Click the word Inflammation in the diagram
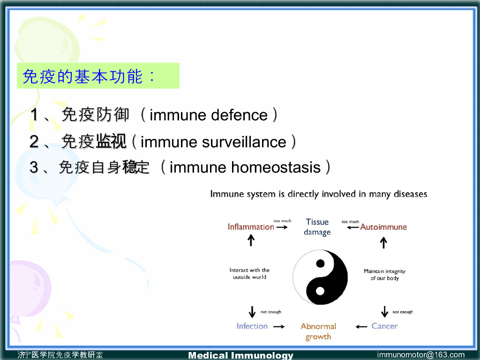coord(251,227)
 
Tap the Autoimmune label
coord(383,227)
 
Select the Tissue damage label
coord(317,227)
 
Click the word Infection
coord(252,326)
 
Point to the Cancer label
coord(384,326)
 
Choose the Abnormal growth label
coord(318,331)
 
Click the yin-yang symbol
coord(320,277)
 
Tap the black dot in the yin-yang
coord(320,263)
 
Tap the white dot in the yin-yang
coord(320,291)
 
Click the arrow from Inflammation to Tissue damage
coord(282,227)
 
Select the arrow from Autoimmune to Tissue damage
coord(352,227)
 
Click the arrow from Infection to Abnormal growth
coord(279,327)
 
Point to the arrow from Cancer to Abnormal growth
coord(361,327)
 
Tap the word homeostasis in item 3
coord(276,167)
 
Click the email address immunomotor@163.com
coord(421,355)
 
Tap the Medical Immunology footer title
coord(240,355)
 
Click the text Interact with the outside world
coord(249,273)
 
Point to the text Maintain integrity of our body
coord(384,275)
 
